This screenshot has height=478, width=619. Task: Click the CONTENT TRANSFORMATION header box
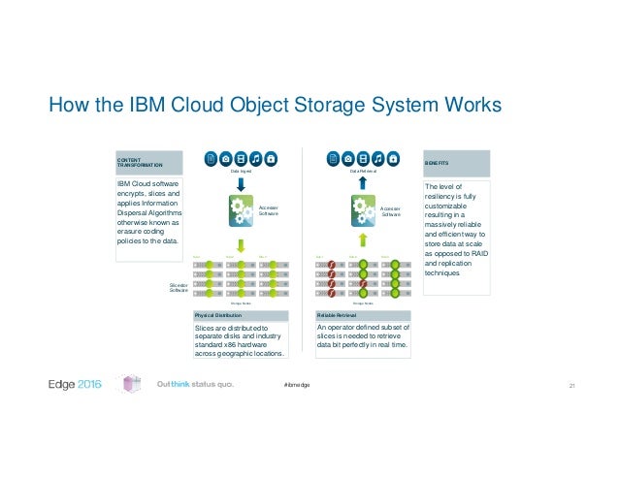click(148, 162)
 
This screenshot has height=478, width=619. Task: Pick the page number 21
click(571, 387)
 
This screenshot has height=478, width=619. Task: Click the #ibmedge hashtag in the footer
click(297, 387)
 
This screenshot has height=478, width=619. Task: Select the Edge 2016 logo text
click(76, 386)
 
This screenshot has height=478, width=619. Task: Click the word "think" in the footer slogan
click(186, 386)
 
